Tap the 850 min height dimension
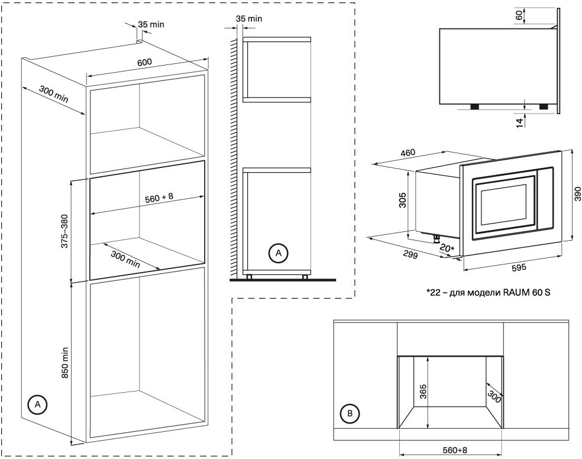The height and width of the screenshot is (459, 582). point(66,362)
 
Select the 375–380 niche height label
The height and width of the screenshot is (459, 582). point(64,231)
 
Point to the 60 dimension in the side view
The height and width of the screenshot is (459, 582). point(519,16)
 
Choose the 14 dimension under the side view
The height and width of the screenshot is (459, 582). point(519,122)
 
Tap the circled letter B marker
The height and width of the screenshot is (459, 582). point(351,414)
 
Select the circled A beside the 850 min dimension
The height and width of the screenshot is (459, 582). point(37,405)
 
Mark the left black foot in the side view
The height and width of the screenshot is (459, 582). point(474,106)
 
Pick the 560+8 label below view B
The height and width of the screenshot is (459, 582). point(454,451)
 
